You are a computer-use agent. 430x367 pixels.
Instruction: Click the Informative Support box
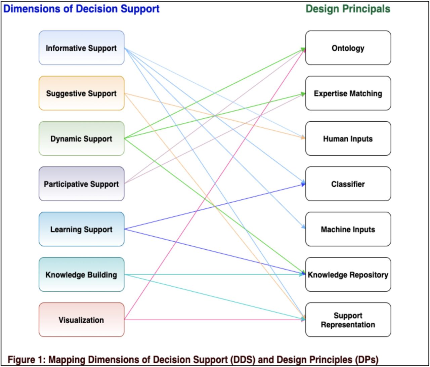(x=81, y=48)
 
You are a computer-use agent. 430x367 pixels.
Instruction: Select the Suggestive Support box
(x=81, y=93)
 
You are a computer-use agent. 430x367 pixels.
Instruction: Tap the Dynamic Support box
(x=81, y=139)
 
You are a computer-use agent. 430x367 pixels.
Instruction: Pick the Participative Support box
(x=81, y=184)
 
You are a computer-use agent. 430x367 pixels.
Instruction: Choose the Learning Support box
(x=81, y=230)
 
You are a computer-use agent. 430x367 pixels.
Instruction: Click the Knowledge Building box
(x=81, y=275)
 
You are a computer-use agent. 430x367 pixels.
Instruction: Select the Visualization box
(x=81, y=320)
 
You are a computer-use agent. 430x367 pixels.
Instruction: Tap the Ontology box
(x=348, y=48)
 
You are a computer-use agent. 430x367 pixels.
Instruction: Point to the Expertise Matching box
(x=348, y=93)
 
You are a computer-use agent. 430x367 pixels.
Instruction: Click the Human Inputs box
(x=348, y=139)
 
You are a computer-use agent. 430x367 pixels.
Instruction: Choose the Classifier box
(x=348, y=184)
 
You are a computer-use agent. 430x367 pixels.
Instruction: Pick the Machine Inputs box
(x=348, y=230)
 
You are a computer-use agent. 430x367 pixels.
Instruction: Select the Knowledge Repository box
(x=348, y=275)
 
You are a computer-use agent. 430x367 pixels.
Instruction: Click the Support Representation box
(x=348, y=320)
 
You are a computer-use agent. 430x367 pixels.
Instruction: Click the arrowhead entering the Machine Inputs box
(x=303, y=228)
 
